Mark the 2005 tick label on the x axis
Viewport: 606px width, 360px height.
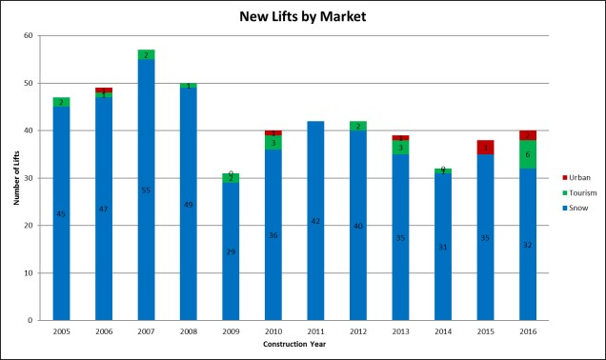[x=61, y=330]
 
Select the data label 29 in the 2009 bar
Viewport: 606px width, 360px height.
[x=231, y=251]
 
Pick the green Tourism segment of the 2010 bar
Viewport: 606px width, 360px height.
[x=273, y=142]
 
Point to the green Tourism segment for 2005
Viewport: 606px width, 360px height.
[x=61, y=102]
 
